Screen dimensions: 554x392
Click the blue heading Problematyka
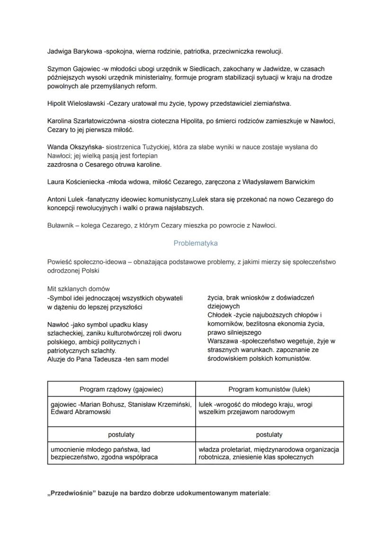(x=196, y=243)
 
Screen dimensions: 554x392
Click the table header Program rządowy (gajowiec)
(x=121, y=390)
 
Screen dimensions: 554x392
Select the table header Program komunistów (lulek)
(x=269, y=390)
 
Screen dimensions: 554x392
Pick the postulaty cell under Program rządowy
(x=121, y=434)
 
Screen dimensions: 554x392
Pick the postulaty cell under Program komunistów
(x=269, y=434)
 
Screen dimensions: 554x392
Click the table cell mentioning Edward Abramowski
(x=121, y=409)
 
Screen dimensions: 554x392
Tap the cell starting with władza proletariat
(x=269, y=453)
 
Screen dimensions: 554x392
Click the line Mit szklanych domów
(x=78, y=289)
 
